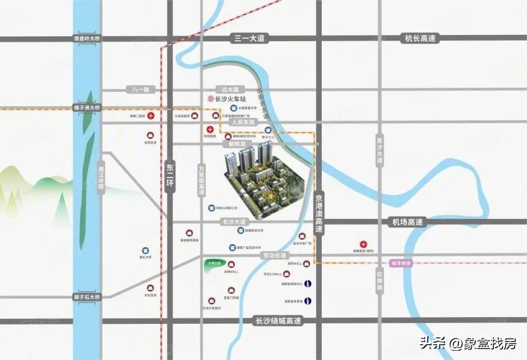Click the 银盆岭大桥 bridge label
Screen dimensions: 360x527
point(86,38)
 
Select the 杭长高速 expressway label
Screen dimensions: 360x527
point(420,38)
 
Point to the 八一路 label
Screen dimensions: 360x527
point(140,90)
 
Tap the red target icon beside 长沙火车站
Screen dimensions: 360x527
point(210,99)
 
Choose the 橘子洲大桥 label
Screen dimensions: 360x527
point(86,107)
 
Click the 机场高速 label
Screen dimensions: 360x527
point(407,222)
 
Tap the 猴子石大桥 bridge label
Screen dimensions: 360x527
point(86,297)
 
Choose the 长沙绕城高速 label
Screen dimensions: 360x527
point(278,320)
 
